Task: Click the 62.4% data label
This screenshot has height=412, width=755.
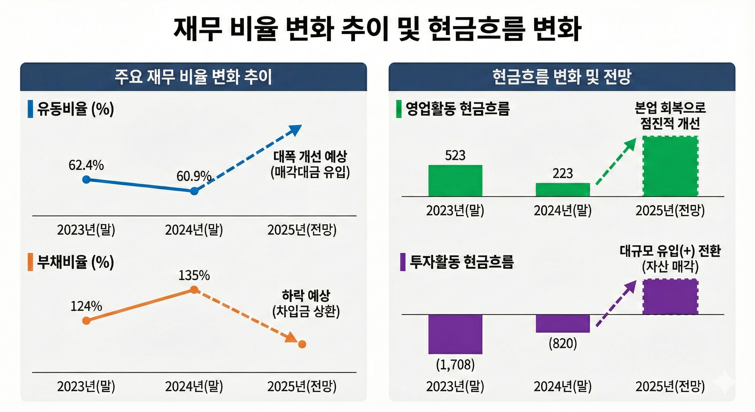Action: click(86, 165)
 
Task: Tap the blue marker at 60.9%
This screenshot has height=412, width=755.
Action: click(194, 191)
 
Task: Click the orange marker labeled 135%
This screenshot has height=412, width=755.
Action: click(194, 290)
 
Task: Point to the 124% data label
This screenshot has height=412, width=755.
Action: click(86, 306)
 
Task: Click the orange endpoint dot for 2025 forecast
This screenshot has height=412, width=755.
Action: click(302, 344)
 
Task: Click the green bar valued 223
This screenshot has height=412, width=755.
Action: click(563, 189)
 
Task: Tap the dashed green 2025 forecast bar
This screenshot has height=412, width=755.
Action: click(670, 166)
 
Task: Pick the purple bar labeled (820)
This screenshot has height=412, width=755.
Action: click(563, 323)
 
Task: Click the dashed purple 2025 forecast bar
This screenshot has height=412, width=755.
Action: click(670, 297)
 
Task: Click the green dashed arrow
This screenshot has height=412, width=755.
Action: click(616, 162)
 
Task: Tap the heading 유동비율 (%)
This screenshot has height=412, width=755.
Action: click(75, 109)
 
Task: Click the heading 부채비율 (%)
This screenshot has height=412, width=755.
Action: click(75, 262)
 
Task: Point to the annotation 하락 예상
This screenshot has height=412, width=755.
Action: click(306, 296)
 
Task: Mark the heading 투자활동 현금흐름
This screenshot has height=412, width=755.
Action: click(461, 262)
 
